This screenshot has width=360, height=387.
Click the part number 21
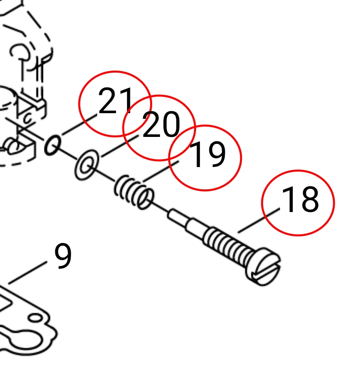[116, 101]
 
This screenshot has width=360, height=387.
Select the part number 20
[161, 124]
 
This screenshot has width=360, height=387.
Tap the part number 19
[207, 154]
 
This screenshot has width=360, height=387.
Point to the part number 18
[300, 199]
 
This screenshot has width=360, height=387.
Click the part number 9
[63, 256]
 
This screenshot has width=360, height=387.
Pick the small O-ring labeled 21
[52, 145]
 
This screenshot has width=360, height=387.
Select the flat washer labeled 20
[87, 165]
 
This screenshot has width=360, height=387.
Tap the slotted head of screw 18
[263, 266]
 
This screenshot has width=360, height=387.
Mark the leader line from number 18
[259, 220]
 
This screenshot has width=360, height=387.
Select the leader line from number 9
[28, 272]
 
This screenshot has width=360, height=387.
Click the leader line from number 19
[161, 172]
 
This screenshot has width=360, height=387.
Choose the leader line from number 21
[80, 125]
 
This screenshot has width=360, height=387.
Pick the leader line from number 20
[120, 146]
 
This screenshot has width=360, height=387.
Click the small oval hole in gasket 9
[36, 318]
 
